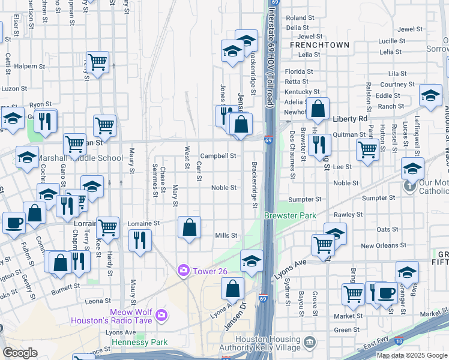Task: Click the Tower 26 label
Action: pos(209,271)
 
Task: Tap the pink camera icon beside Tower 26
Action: pos(183,271)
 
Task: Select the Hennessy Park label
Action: pos(139,342)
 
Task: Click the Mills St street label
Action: pos(227,236)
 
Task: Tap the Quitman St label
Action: pos(347,134)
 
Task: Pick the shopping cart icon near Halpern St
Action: pos(97,62)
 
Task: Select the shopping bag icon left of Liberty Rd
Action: pos(318,109)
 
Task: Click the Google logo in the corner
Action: pos(20,353)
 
